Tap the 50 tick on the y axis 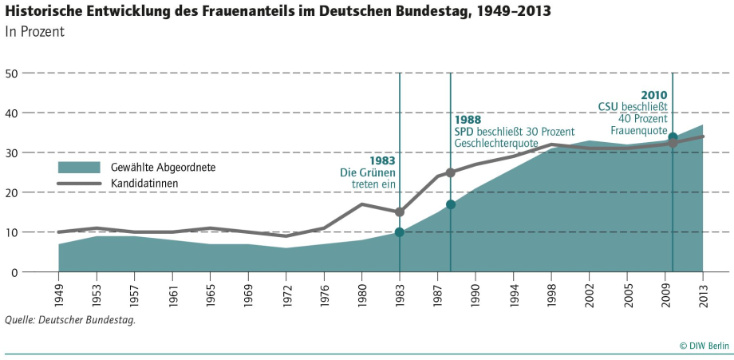coord(12,73)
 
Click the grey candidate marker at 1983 coord(400,212)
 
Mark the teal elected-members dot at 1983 coord(400,232)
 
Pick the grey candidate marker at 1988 coord(451,172)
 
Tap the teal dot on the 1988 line coord(451,204)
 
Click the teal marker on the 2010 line coord(673,137)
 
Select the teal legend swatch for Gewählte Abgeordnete coord(78,167)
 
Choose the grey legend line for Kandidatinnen coord(78,183)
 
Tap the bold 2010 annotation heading coord(653,94)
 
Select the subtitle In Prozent coord(34,33)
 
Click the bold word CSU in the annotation coord(609,106)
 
